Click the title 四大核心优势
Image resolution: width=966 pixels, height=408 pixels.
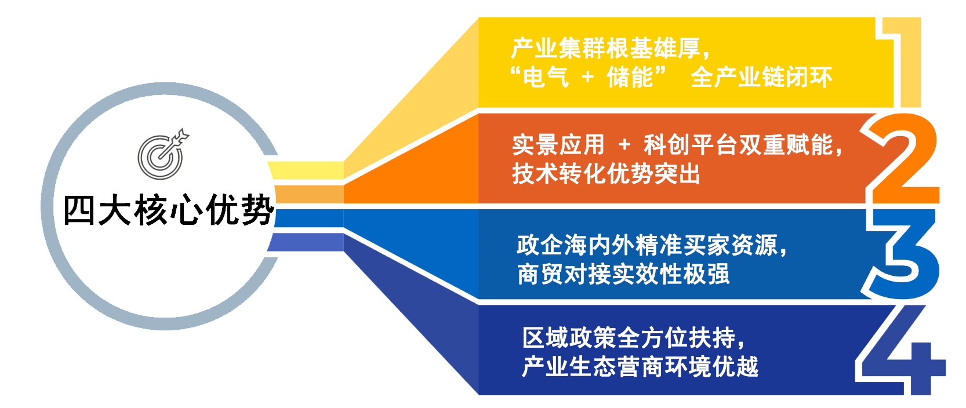tap(169, 210)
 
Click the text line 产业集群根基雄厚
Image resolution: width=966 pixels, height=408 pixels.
tap(606, 48)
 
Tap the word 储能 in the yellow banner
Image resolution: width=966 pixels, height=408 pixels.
tap(630, 77)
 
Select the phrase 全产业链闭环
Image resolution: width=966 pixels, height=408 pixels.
tap(761, 77)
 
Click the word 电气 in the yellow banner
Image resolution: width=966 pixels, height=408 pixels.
tap(546, 78)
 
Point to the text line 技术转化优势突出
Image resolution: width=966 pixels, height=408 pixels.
tap(606, 174)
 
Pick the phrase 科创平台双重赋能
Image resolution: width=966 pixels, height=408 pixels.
tap(738, 145)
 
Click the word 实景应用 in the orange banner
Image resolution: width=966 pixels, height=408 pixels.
tap(558, 145)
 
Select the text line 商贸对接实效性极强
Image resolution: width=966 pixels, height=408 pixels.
tap(623, 274)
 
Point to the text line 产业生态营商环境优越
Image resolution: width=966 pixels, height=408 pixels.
tap(640, 367)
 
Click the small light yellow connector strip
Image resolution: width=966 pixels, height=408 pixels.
tap(306, 170)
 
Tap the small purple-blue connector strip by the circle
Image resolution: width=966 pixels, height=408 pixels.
tap(306, 242)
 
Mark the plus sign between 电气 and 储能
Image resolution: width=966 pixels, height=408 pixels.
tap(588, 78)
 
